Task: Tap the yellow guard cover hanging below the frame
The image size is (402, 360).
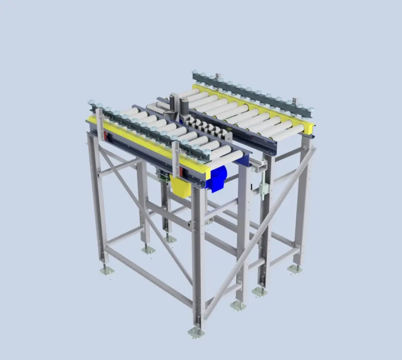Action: coord(180,186)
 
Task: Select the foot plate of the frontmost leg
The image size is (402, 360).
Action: coord(196,332)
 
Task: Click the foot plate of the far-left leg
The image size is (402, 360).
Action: coord(107,271)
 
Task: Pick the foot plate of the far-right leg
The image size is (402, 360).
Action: coord(295,269)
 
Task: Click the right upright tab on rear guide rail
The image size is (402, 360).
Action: coord(295,100)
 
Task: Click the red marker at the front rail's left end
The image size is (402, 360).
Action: coord(106,136)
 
